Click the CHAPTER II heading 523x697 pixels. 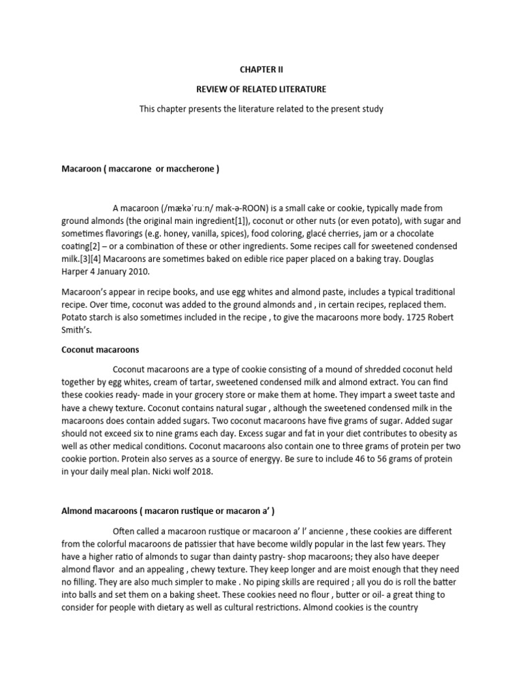pos(261,69)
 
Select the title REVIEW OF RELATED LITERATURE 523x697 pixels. pos(261,88)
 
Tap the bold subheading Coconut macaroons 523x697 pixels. pos(100,350)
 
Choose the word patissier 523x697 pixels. pos(210,544)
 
